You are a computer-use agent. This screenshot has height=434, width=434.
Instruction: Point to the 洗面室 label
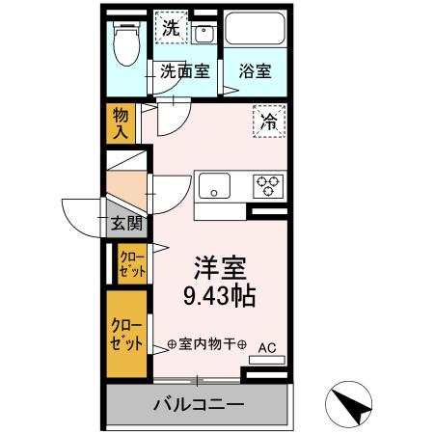185,71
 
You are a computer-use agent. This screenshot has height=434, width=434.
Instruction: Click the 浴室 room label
256,71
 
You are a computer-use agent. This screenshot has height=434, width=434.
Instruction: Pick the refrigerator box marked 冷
268,122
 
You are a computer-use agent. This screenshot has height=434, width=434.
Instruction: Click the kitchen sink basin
215,185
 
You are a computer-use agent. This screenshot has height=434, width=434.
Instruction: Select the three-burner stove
267,185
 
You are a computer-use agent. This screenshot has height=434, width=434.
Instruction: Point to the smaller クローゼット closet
131,262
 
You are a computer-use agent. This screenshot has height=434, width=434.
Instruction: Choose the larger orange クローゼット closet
125,333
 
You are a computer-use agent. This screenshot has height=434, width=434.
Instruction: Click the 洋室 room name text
219,266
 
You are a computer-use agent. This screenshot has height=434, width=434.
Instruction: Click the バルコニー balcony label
198,403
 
